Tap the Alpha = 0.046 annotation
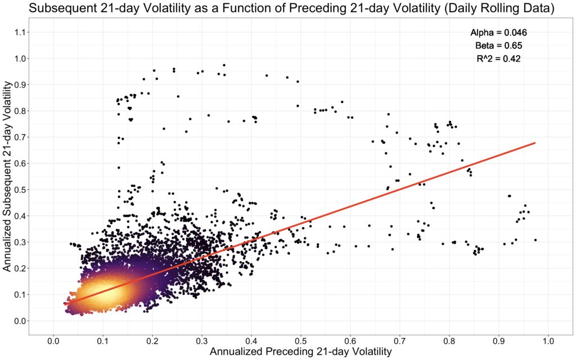coord(498,33)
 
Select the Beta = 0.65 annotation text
coord(498,46)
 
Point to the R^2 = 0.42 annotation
coord(498,58)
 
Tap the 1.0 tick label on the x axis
coord(548,340)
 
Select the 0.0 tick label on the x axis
coord(53,340)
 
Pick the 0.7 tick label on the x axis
coord(400,340)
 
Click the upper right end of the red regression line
coord(534,143)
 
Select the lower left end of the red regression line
coord(65,304)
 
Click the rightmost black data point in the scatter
coord(535,240)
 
